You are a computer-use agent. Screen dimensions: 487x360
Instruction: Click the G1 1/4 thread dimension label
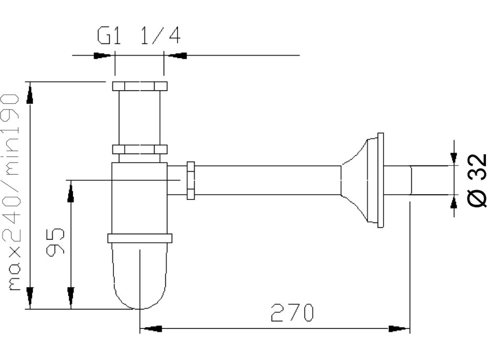[139, 36]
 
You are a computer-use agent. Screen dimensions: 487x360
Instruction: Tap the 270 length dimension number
[292, 313]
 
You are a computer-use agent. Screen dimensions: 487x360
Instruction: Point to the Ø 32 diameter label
[477, 180]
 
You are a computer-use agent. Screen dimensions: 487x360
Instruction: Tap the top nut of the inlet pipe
[140, 86]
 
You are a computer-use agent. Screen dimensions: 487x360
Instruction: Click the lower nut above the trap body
[140, 150]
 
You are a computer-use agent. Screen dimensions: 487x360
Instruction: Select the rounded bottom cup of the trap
[140, 276]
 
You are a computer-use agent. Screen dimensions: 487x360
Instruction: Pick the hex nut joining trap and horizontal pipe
[190, 181]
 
